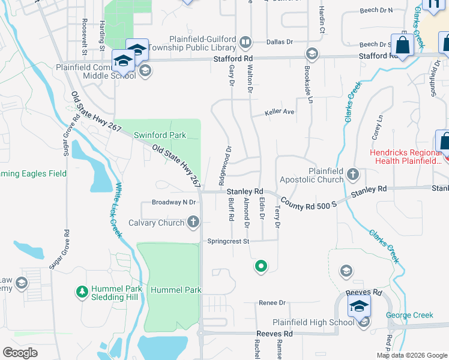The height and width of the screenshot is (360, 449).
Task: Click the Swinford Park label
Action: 160,135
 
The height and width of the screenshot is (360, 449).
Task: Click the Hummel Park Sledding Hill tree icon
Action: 82,292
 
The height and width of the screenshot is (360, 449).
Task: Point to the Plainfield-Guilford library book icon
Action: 245,43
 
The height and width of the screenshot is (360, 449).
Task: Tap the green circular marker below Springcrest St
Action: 261,266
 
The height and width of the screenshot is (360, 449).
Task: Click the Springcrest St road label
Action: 228,241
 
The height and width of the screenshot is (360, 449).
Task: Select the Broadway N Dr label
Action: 174,202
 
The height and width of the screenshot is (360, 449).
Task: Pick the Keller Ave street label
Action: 280,112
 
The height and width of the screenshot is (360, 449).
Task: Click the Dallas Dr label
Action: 279,42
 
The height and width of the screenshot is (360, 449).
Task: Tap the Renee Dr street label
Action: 270,303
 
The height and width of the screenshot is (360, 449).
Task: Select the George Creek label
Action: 409,315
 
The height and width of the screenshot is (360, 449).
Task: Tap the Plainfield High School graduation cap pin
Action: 360,307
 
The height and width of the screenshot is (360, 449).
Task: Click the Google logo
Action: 20,353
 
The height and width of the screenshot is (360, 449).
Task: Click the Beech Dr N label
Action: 376,10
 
